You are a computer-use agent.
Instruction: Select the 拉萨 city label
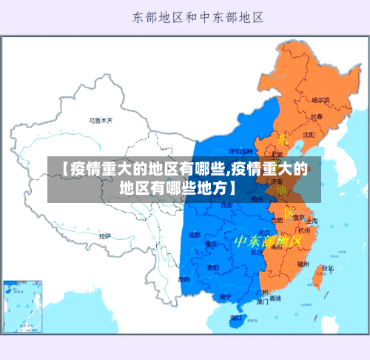point(105,236)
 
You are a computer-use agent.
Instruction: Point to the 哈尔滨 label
point(320,100)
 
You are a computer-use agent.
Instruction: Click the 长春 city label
point(317,117)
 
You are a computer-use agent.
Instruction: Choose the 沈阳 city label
point(308,135)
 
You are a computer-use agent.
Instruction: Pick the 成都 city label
point(194,234)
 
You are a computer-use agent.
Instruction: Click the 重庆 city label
point(212,243)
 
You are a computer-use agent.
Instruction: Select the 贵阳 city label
point(212,267)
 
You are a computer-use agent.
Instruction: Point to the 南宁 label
point(225,297)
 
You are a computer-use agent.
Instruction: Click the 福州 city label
point(303,263)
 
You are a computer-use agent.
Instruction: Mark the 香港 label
point(275,299)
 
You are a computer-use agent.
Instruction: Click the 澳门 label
point(263,302)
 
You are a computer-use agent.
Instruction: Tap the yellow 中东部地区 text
point(267,241)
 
